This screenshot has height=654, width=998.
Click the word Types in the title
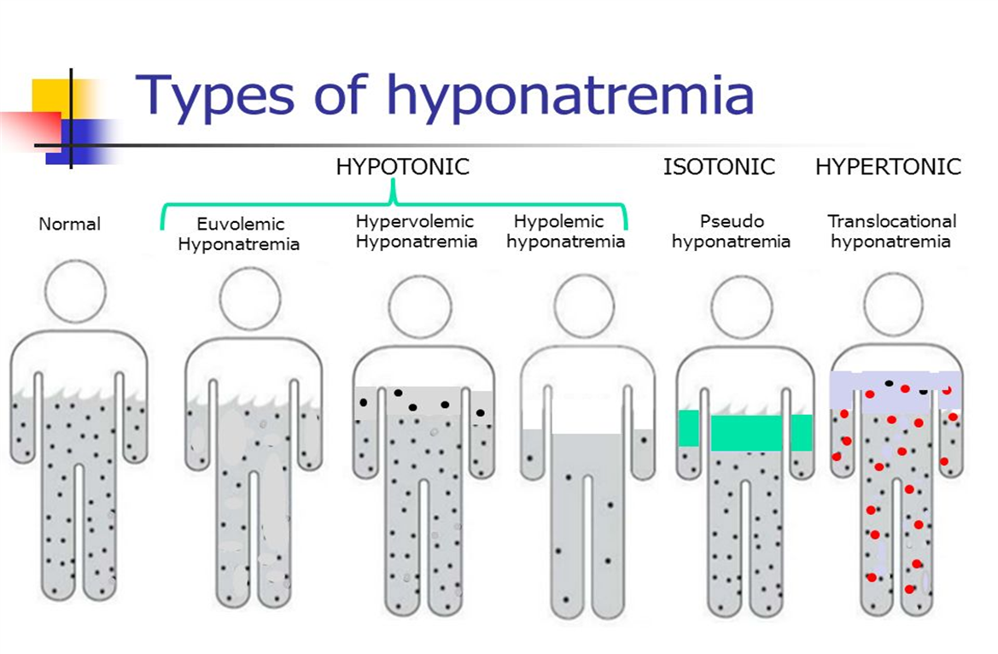click(x=214, y=96)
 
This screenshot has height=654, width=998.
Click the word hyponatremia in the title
click(x=570, y=96)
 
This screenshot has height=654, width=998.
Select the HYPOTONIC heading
click(x=402, y=166)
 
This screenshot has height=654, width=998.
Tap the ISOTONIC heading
click(x=719, y=166)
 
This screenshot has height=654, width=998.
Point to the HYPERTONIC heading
click(x=888, y=166)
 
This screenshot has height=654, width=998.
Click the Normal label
click(x=69, y=225)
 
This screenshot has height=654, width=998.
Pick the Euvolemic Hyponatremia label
click(x=239, y=234)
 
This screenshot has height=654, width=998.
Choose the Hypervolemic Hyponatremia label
click(x=417, y=231)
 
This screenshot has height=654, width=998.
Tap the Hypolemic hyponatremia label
click(x=565, y=231)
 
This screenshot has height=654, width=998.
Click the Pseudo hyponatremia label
click(x=731, y=231)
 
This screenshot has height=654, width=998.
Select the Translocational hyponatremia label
click(x=891, y=231)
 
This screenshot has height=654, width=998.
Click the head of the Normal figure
click(x=75, y=292)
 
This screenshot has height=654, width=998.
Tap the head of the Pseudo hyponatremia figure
click(x=742, y=307)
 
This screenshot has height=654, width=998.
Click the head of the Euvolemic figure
click(x=250, y=299)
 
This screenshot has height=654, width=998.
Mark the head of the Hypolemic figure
click(x=584, y=306)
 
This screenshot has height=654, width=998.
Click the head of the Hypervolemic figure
click(x=420, y=307)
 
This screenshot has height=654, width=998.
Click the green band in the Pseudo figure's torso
click(x=745, y=430)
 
